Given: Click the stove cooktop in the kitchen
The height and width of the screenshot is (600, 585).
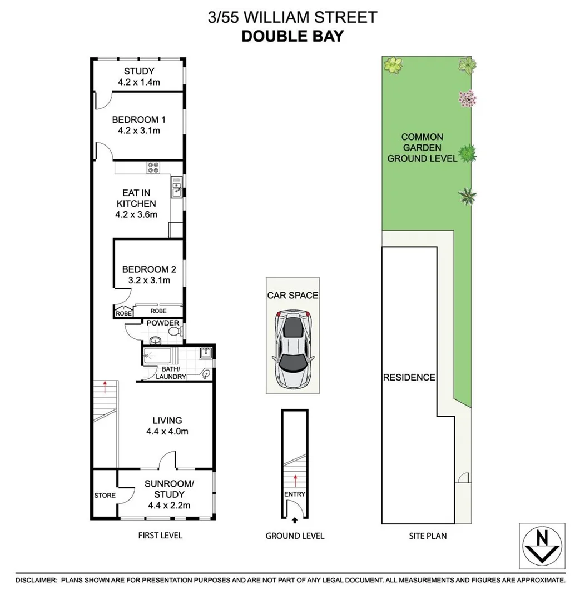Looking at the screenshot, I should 153,167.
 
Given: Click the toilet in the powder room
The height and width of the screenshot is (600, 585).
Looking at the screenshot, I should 174,332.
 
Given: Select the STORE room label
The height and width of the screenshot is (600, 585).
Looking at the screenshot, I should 105,496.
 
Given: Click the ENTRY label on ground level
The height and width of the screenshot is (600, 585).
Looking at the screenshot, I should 294,494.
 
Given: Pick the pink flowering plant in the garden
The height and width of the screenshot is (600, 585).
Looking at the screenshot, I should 467,99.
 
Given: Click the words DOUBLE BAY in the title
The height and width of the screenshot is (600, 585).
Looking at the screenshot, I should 292,37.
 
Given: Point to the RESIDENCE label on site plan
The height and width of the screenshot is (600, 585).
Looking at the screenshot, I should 409,378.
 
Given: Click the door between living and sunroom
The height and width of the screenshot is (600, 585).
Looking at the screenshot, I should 167,460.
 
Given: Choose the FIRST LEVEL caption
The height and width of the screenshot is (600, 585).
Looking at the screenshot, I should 160,536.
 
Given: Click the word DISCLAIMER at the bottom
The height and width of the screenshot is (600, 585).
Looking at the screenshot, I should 37,580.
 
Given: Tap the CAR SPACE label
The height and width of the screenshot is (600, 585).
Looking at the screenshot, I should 292,295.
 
